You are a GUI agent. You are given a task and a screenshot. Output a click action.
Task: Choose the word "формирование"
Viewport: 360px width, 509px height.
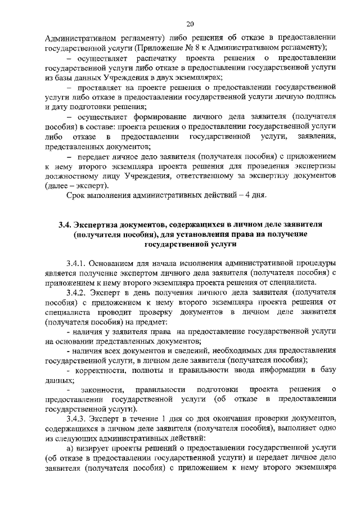coord(161,116)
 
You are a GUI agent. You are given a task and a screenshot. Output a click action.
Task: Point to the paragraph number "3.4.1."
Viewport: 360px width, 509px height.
coord(78,263)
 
